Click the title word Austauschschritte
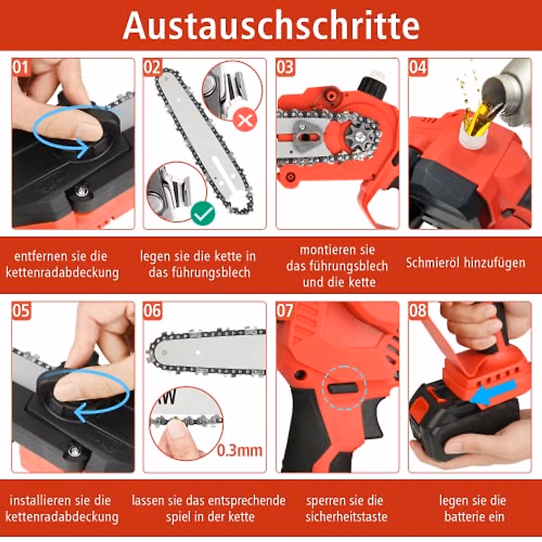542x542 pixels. [x=271, y=25]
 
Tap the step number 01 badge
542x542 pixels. [x=20, y=68]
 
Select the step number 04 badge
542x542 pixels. [x=418, y=68]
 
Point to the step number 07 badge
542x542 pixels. [x=285, y=311]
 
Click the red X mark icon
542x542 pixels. [x=245, y=120]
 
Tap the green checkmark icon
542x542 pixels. [x=203, y=214]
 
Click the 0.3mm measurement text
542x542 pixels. [x=240, y=450]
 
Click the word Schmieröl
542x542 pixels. [x=431, y=263]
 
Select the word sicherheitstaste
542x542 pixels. [x=346, y=516]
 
